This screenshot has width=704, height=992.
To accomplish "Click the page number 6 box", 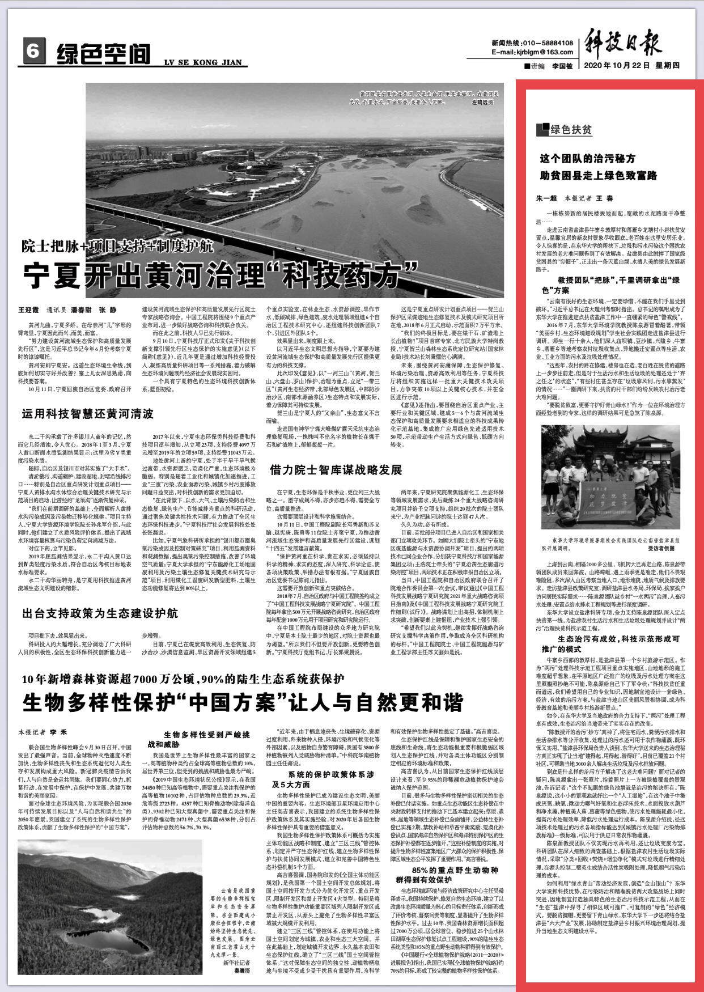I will pyautogui.click(x=33, y=52).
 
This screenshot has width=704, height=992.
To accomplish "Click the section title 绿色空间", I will pyautogui.click(x=104, y=54).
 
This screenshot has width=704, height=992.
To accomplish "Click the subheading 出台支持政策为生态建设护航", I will pyautogui.click(x=100, y=613).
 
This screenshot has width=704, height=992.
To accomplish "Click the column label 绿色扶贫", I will pyautogui.click(x=571, y=130).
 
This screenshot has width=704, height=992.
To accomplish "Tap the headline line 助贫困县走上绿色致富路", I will pyautogui.click(x=599, y=175).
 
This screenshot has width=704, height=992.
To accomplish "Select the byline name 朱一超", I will pyautogui.click(x=546, y=198).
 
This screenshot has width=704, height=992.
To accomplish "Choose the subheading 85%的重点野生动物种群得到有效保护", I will pyautogui.click(x=447, y=875).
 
